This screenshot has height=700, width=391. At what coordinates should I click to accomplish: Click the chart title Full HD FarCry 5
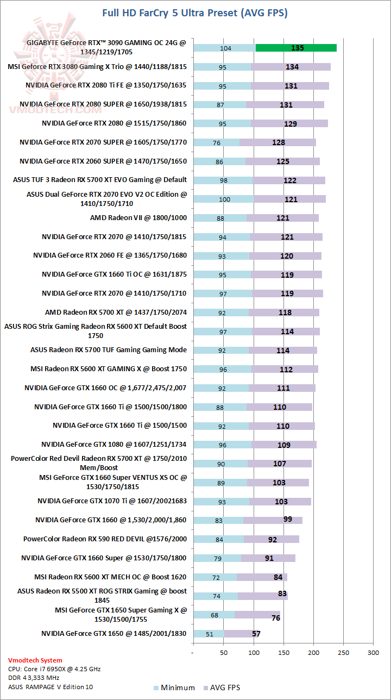[x=195, y=12]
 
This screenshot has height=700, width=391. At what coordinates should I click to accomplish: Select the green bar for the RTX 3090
[x=296, y=48]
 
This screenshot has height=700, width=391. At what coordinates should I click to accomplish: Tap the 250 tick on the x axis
[x=343, y=652]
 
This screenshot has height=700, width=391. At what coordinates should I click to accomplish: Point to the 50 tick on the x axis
[x=223, y=652]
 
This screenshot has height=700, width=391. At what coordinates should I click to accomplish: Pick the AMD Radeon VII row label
[x=138, y=218]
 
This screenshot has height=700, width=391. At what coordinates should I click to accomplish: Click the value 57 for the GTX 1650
[x=256, y=634]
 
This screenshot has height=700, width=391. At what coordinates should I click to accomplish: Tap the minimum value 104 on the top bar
[x=226, y=48]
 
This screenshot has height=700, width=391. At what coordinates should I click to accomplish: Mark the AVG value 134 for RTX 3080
[x=292, y=67]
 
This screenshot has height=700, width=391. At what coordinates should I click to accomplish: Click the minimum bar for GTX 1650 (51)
[x=209, y=634]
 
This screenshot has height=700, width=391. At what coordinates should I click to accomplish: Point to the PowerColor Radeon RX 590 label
[x=105, y=539]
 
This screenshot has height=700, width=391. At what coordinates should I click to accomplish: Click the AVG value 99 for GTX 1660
[x=288, y=520]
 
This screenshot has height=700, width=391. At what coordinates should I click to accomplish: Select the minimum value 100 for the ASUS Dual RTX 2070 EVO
[x=224, y=199]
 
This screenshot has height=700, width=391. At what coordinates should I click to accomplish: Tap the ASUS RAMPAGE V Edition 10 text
[x=50, y=687]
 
